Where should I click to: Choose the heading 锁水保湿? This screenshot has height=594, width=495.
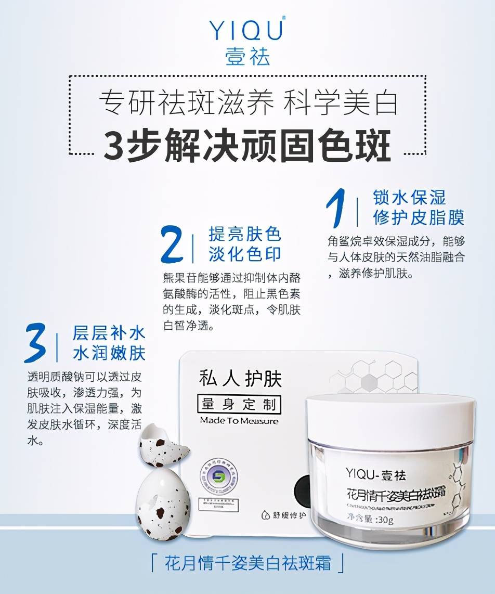pos(410,197)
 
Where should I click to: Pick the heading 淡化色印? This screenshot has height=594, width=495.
pos(245,254)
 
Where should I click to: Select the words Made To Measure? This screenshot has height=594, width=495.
pos(239,421)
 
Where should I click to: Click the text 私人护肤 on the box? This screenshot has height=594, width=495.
pos(240,379)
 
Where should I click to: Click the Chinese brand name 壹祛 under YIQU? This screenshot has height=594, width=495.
pos(248,56)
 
